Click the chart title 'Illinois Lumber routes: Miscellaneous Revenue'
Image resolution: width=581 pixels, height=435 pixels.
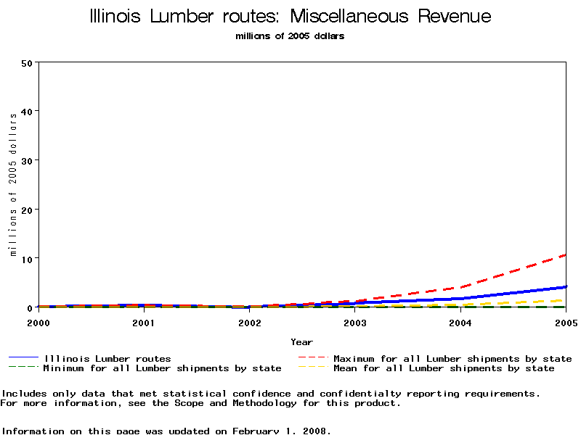290,17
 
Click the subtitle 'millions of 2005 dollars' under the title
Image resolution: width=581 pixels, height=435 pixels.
290,36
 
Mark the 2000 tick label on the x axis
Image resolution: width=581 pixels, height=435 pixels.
38,323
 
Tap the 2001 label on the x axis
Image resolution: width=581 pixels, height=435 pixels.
144,323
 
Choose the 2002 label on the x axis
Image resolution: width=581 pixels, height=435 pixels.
249,323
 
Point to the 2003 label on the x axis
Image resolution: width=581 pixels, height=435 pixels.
355,323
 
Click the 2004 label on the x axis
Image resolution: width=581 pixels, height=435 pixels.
460,323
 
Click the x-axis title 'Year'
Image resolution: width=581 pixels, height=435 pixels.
301,342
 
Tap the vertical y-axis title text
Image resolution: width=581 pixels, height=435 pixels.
13,184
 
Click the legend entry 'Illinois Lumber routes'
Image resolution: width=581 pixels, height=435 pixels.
107,358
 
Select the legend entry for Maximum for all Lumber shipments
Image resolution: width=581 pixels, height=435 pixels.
452,358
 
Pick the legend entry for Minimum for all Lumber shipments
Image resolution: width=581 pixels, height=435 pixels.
161,368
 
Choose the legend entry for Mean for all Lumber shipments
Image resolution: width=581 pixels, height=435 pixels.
443,368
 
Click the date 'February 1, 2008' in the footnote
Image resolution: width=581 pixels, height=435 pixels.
281,431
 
